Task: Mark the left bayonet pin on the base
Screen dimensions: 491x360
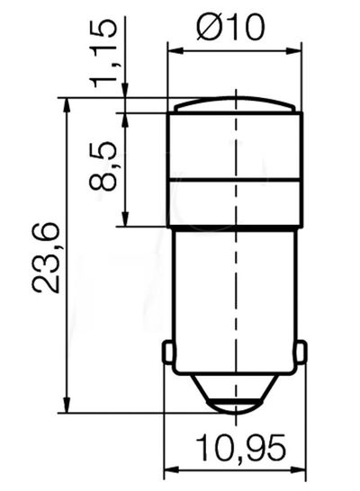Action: pyautogui.click(x=167, y=353)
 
